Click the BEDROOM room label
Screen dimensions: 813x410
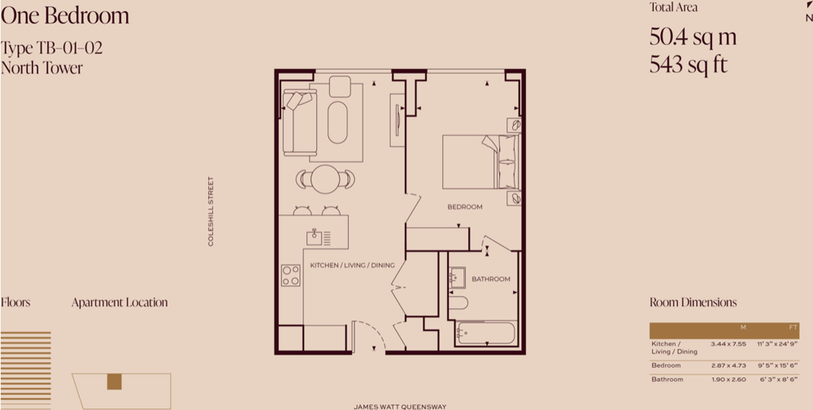(464, 207)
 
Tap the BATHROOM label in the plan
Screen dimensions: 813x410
(490, 279)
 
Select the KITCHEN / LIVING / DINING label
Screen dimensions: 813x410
(352, 265)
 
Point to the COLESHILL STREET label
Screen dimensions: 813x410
(211, 211)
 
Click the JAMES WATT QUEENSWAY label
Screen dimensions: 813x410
(400, 407)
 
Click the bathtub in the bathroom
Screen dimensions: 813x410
(485, 333)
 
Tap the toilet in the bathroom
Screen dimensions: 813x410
(458, 302)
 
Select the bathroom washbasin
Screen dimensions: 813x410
(457, 278)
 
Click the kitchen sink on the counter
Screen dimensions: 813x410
(314, 238)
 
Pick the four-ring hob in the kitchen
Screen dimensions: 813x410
(290, 275)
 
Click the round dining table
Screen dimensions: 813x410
(325, 179)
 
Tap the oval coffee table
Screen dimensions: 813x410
(337, 122)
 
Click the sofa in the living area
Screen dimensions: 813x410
(299, 123)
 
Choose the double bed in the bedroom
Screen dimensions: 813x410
(480, 162)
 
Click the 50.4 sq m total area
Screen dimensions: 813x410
(693, 37)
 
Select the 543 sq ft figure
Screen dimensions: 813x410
(688, 65)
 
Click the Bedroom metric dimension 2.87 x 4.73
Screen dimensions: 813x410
(728, 365)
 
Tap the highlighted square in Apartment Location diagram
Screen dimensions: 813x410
(114, 382)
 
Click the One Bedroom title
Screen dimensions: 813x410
(65, 15)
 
